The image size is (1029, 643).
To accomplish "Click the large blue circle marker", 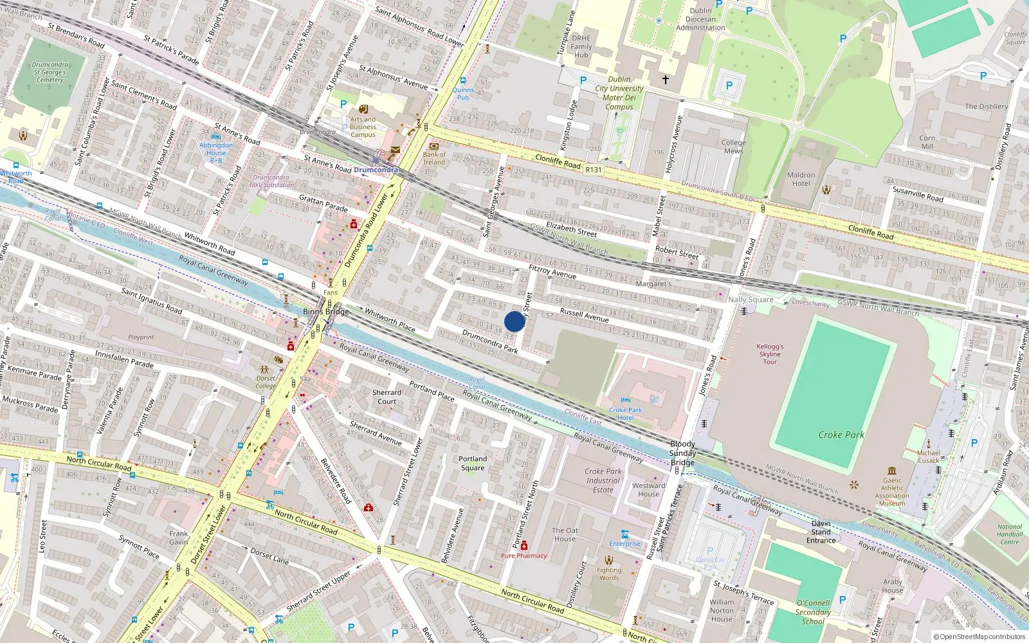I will pos(514,321).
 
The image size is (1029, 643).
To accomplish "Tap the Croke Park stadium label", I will pos(841,435).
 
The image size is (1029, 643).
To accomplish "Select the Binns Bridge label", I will pos(326,312).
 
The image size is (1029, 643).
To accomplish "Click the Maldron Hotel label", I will pos(801,179).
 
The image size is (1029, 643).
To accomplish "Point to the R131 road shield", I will pos(594,170).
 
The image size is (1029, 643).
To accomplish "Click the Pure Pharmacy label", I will pos(524,556).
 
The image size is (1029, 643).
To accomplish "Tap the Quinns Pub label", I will pos(462,94).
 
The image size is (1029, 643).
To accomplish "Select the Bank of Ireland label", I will pos(434,158).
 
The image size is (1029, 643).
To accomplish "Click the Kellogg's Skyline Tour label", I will pos(770,354).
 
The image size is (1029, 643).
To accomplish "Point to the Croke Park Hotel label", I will pos(625,413).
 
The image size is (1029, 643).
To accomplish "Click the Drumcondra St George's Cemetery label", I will pos(50,72).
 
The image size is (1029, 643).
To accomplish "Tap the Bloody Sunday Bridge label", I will pos(682,453).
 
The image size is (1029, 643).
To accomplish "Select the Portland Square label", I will pos(473,463).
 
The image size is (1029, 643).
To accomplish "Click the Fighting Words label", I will pos(609,574).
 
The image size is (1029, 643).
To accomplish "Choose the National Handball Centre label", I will pos(1009,534).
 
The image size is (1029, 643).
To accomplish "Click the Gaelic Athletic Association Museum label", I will pos(892,491).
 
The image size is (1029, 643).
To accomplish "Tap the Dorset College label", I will pos(266,382).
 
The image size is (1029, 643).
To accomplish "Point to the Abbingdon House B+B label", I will pos(216,152).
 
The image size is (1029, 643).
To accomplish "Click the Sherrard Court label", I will pos(387,397).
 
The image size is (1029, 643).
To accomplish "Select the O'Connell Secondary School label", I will pos(813,612).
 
